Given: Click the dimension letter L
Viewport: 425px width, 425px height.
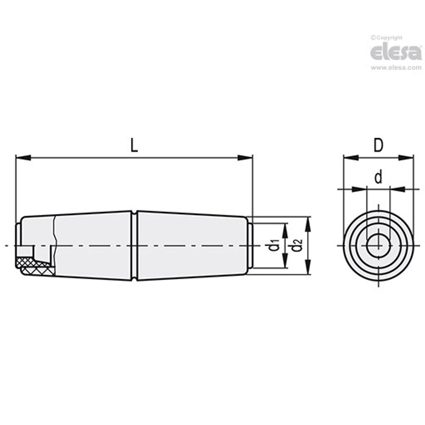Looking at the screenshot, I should tap(134, 145).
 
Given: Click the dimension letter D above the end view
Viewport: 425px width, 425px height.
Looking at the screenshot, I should tap(378, 146).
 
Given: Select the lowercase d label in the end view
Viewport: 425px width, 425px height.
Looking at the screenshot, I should tap(378, 178).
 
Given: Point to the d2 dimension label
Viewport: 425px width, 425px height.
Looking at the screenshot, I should tap(297, 245).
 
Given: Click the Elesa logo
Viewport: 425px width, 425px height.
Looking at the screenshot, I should tap(396, 53).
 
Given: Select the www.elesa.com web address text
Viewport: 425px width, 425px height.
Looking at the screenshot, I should tap(396, 68).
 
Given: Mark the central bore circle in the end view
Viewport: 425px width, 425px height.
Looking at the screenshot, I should tap(378, 245).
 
